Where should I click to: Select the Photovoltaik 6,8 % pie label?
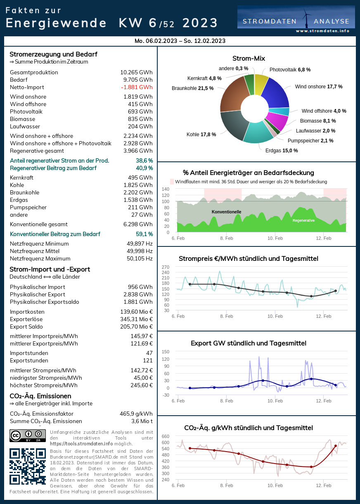(x=290, y=70)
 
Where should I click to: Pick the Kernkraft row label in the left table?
(x=21, y=178)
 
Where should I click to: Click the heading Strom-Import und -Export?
(x=50, y=270)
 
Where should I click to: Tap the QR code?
(x=27, y=466)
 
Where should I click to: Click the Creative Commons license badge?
(x=27, y=435)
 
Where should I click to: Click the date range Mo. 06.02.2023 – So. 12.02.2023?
(x=180, y=41)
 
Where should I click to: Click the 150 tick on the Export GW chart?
(x=165, y=352)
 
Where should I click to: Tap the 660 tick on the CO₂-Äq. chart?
(x=165, y=436)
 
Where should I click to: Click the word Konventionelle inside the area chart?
(x=226, y=212)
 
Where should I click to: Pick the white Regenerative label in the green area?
(x=303, y=220)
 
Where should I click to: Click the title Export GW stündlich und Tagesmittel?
(x=249, y=343)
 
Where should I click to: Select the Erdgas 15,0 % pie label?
(x=282, y=151)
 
